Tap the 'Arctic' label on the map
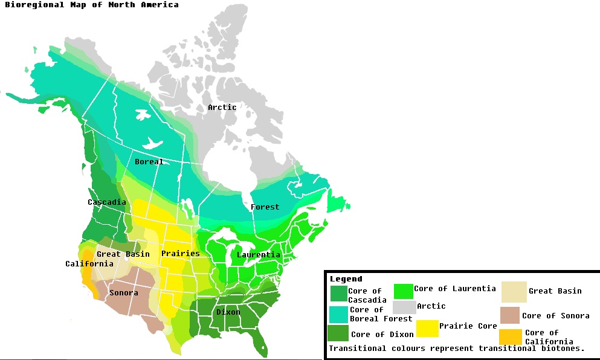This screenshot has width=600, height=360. coord(222,107)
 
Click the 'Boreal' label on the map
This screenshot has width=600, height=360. coord(149,161)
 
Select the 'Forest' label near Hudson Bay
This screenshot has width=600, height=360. coord(265,207)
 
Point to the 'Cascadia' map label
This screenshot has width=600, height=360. coord(106,202)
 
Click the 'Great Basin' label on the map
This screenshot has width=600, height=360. coord(123,254)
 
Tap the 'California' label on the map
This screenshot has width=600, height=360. coord(89,263)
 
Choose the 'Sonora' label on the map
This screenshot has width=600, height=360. coord(123,292)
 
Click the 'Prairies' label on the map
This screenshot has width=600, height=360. coord(180,253)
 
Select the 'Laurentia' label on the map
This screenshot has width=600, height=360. coord(258,254)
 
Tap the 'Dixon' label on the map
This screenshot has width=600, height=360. coord(228,312)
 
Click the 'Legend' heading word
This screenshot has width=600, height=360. coord(346,278)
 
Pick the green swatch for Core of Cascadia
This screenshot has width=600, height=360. coord(338,294)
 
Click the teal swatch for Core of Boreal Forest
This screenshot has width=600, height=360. coord(338,314)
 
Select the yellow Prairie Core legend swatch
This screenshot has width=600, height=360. coord(427,328)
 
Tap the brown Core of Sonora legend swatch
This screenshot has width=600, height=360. coord(509,315)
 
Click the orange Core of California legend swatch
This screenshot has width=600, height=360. coord(511,336)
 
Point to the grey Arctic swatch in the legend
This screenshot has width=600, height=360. coord(404,307)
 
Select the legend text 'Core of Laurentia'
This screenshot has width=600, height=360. coord(454,288)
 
